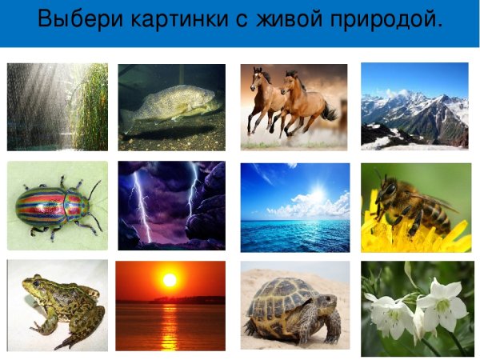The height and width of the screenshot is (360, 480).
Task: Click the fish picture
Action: pyautogui.click(x=171, y=107)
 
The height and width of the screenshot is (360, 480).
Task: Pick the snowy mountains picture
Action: pyautogui.click(x=414, y=106)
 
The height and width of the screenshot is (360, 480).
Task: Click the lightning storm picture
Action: pyautogui.click(x=171, y=206)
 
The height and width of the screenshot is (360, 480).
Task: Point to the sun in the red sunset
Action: pyautogui.click(x=169, y=280)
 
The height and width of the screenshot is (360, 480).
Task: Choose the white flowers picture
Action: pyautogui.click(x=416, y=307)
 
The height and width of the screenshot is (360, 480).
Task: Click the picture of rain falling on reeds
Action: pyautogui.click(x=57, y=106)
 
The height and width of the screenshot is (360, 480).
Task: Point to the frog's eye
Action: pyautogui.click(x=35, y=281)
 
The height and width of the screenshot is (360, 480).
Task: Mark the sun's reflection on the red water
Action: pyautogui.click(x=169, y=324)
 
